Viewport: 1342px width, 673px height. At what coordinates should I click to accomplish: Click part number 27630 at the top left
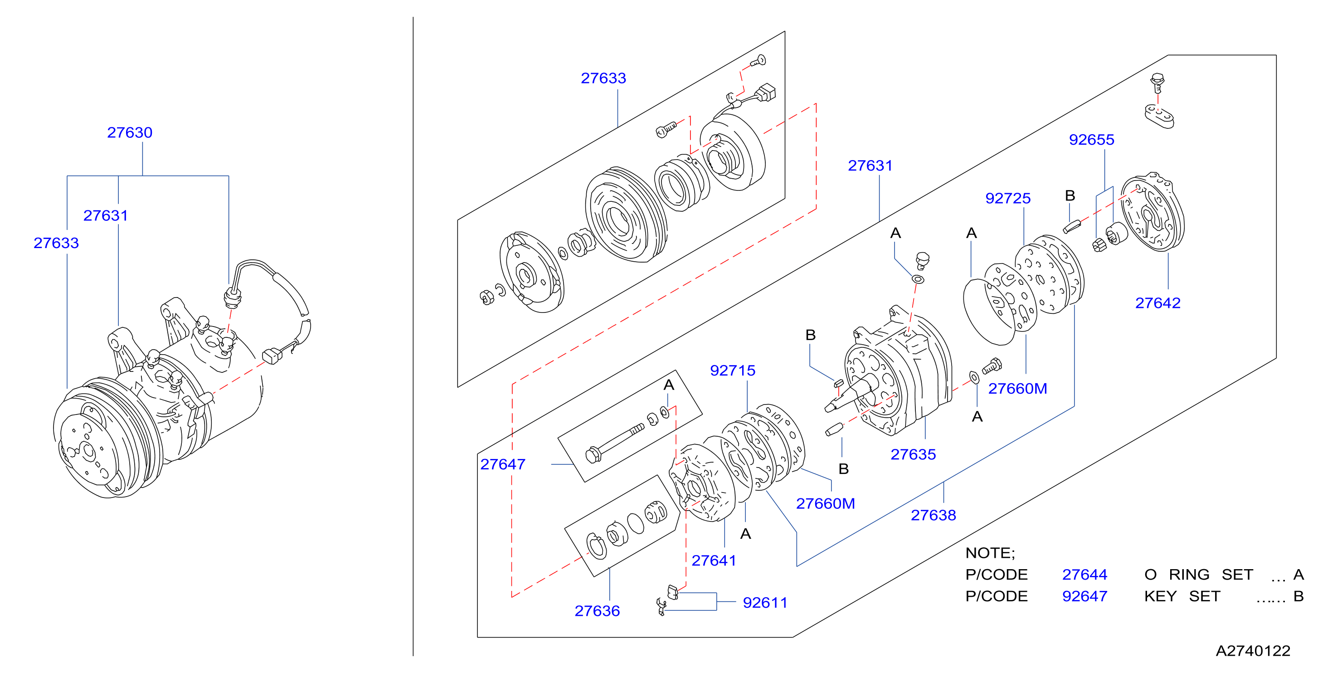pos(130,132)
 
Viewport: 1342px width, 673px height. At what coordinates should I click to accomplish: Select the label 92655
pos(1091,140)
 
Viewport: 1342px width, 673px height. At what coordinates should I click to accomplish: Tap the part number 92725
pos(1007,198)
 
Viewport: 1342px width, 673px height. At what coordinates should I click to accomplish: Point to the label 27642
pos(1157,303)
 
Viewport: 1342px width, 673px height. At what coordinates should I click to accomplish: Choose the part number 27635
pos(913,454)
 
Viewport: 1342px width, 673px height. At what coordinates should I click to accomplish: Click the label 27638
pos(933,515)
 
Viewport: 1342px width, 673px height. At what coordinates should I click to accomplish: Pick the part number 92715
pos(733,371)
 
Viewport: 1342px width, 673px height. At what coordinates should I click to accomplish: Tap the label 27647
pos(503,464)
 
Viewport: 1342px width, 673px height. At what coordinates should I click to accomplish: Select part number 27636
pos(597,611)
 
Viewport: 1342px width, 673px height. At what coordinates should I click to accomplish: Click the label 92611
pos(765,603)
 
